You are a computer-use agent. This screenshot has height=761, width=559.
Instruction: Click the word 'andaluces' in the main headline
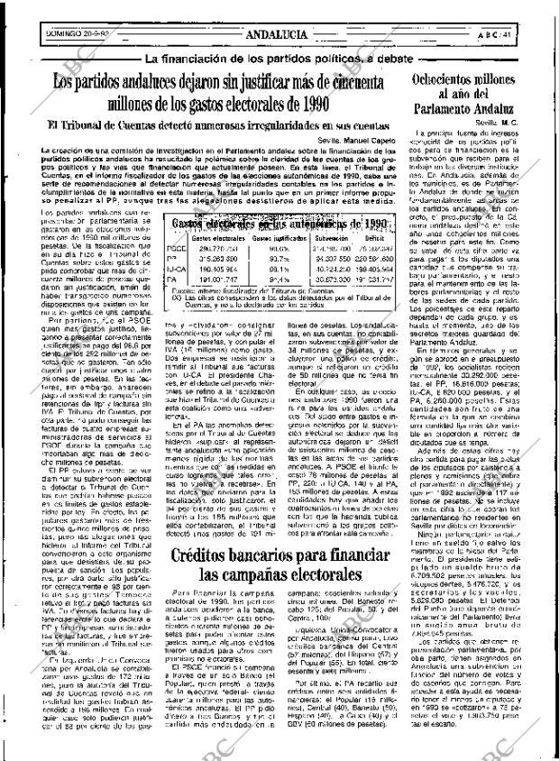pos(170,80)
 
